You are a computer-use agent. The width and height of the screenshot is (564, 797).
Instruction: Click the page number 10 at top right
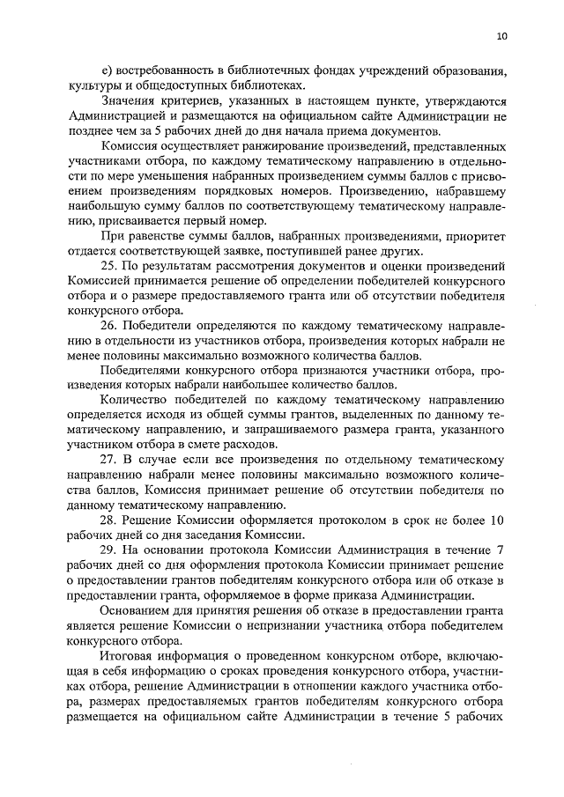click(x=501, y=36)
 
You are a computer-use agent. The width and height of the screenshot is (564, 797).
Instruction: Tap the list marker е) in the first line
click(x=108, y=70)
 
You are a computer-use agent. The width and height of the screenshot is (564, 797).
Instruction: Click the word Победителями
click(x=144, y=370)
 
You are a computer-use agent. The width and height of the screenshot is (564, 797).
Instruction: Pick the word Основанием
click(x=138, y=611)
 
